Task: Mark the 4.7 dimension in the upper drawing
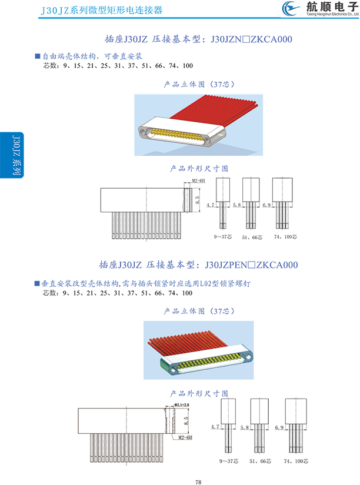[212, 205]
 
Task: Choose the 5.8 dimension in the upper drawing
[237, 205]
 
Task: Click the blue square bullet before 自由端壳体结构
[37, 56]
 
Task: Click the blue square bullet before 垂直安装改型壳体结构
[37, 283]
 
